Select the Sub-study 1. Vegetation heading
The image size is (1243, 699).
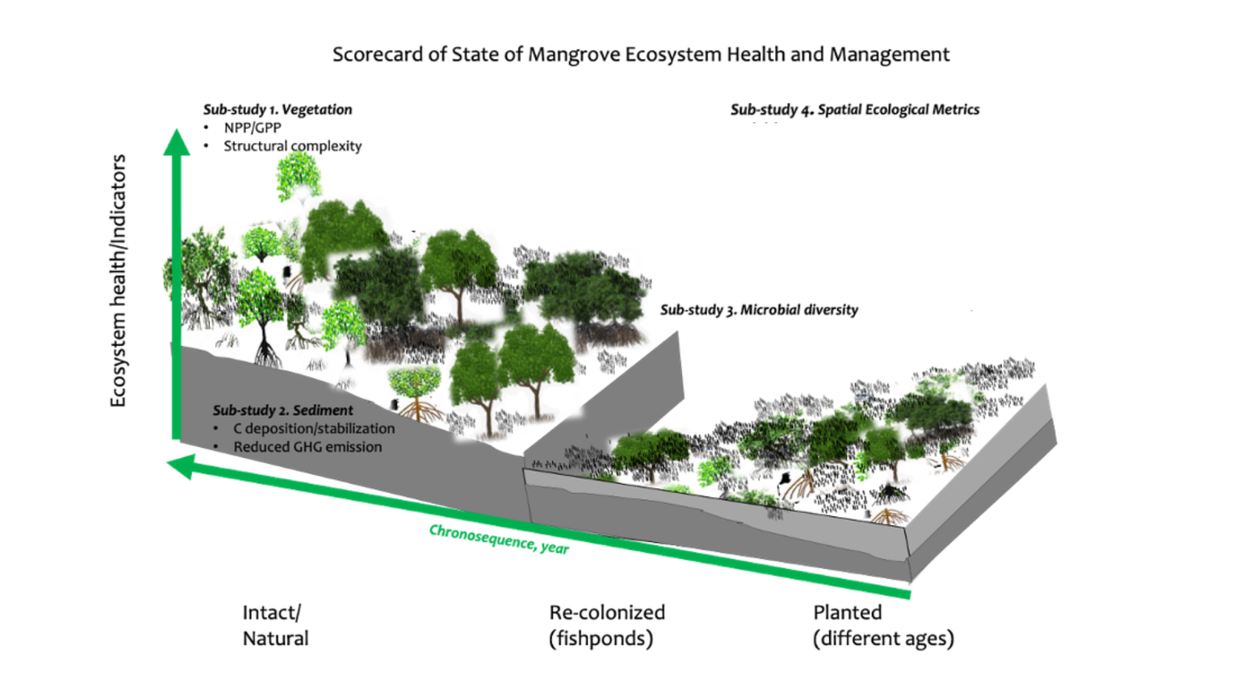pyautogui.click(x=278, y=109)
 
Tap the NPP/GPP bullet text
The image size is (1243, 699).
pyautogui.click(x=252, y=128)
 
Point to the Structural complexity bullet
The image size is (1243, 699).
pyautogui.click(x=293, y=146)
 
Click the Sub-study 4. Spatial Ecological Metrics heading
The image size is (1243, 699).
pyautogui.click(x=855, y=109)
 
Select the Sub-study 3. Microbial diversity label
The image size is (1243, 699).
pyautogui.click(x=759, y=310)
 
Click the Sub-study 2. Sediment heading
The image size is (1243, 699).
pyautogui.click(x=283, y=410)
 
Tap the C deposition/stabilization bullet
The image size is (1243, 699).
pyautogui.click(x=314, y=428)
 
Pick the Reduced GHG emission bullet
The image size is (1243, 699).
pyautogui.click(x=308, y=447)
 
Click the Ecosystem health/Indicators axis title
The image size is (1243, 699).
pyautogui.click(x=118, y=280)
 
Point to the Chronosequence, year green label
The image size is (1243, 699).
pyautogui.click(x=499, y=539)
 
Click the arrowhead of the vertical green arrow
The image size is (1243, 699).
pyautogui.click(x=176, y=142)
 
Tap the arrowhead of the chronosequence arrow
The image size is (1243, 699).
pyautogui.click(x=181, y=466)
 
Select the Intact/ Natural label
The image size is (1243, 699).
pyautogui.click(x=275, y=625)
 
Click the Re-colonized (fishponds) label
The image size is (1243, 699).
pyautogui.click(x=607, y=625)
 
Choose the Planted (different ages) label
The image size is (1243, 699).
pyautogui.click(x=883, y=625)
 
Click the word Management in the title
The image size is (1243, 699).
pyautogui.click(x=890, y=55)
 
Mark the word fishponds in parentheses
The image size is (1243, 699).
pyautogui.click(x=601, y=639)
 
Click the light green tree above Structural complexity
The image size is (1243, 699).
pyautogui.click(x=298, y=175)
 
